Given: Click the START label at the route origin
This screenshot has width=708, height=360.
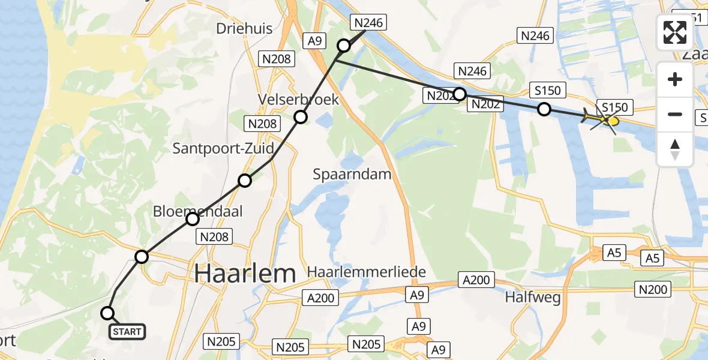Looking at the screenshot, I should tap(127, 332).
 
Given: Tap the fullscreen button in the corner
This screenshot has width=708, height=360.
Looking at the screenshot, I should tap(675, 32).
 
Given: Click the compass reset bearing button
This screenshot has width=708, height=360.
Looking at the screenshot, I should tap(675, 149).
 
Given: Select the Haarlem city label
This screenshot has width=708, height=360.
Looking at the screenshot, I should tap(245, 274).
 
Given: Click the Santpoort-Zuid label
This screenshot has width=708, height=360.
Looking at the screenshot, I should tap(223, 148).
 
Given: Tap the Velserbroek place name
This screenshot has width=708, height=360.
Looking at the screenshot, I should tap(298, 99).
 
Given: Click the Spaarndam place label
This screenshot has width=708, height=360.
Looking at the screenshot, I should tap(352, 175).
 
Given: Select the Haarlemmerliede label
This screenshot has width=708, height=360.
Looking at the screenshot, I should tap(367, 272).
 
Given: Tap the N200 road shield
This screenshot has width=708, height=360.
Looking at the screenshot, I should tap(653, 290).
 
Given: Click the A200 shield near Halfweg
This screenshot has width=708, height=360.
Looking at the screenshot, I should tap(476, 279).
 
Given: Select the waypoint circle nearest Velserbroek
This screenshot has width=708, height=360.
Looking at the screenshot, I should tap(301, 117).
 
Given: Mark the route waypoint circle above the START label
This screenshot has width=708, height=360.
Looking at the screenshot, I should tap(107, 313).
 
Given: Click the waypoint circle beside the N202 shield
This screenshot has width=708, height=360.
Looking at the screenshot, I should tap(460, 94).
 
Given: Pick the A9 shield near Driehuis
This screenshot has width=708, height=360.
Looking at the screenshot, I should tap(316, 41).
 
